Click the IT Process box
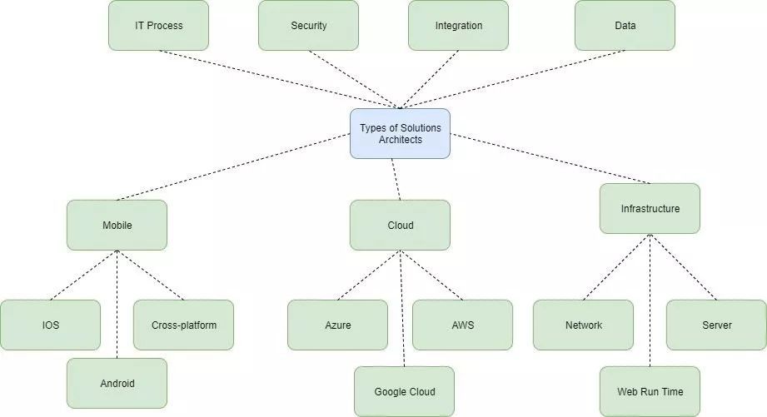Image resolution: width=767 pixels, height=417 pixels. (x=158, y=25)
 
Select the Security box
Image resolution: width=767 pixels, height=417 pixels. (x=308, y=25)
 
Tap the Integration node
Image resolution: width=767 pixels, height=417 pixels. (x=458, y=25)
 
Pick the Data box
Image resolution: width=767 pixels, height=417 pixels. (x=625, y=25)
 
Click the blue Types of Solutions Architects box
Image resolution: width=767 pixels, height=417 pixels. (x=400, y=133)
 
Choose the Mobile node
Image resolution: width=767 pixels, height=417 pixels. (x=117, y=225)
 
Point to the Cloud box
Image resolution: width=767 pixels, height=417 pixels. (x=400, y=225)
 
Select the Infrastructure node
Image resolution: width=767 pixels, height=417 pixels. (x=650, y=208)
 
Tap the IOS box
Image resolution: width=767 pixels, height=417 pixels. (x=50, y=325)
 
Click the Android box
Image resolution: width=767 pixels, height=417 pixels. (x=117, y=383)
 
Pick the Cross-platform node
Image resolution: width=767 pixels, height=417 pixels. (x=183, y=325)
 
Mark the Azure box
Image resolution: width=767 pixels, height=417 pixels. (x=337, y=325)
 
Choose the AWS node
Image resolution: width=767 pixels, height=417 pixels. (x=462, y=325)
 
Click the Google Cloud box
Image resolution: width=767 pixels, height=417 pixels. (x=404, y=391)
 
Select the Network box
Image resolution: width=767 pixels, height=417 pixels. (x=583, y=325)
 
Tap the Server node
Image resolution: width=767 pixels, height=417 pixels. (x=716, y=325)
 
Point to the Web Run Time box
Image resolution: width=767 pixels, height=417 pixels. (x=650, y=391)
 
